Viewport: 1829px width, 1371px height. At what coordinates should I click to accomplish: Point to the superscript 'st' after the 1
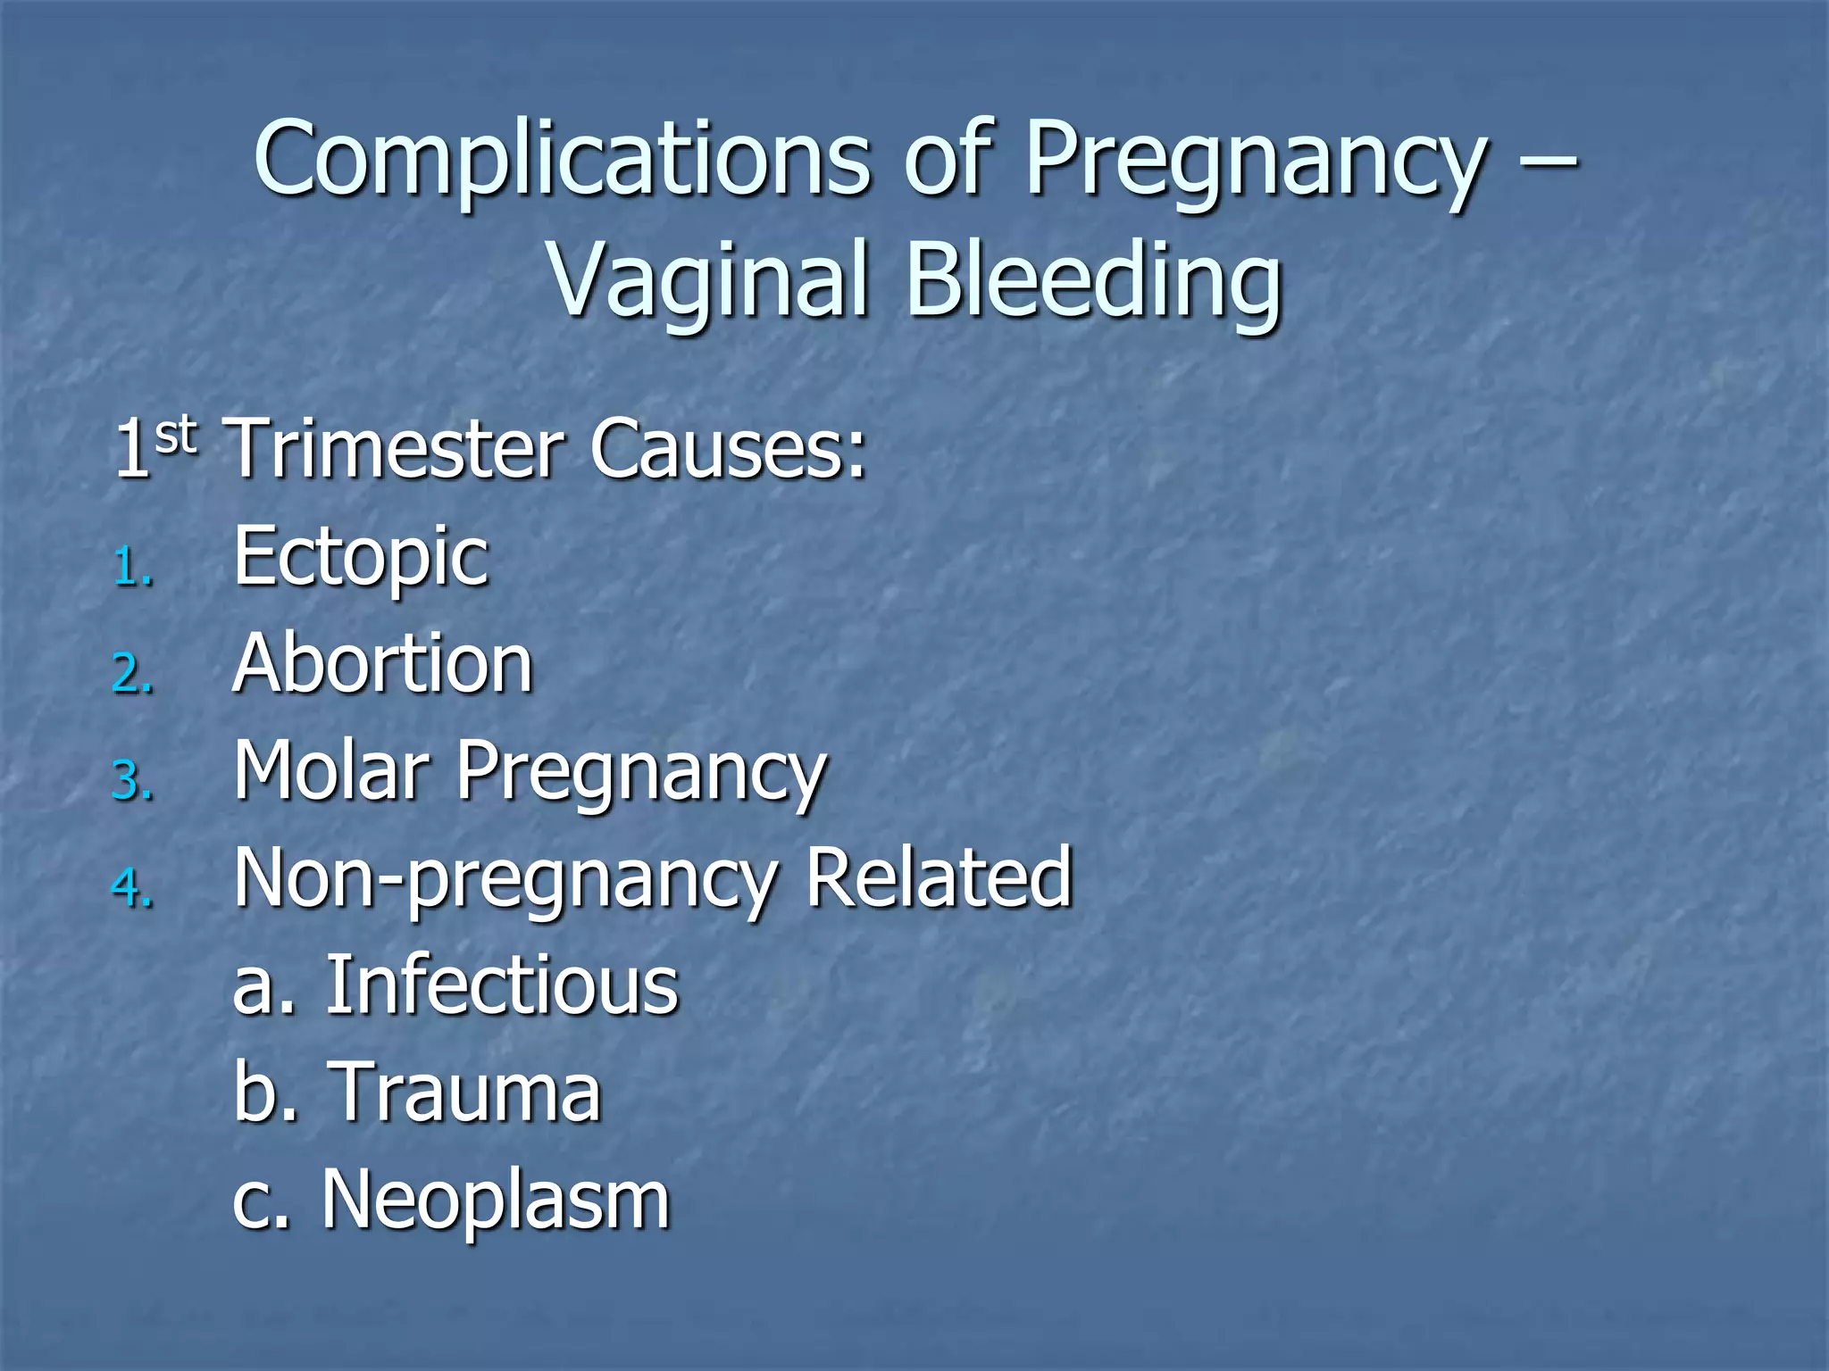[175, 436]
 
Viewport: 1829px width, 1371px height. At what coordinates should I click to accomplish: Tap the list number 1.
[133, 569]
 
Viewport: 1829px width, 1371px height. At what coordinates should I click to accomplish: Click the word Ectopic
[361, 557]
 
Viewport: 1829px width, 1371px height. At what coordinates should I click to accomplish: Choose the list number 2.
[133, 675]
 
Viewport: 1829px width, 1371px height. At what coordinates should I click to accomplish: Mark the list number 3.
[133, 782]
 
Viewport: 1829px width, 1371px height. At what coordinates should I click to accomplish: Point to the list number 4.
[133, 888]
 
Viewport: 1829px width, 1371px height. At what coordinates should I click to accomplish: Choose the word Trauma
[467, 1092]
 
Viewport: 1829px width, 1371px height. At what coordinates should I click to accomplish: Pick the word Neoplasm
[496, 1200]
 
